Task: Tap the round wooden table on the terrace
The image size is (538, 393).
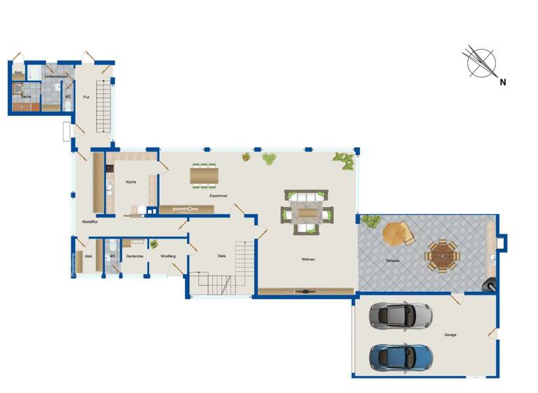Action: coord(442,255)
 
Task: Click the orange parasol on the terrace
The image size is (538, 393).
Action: coord(396,233)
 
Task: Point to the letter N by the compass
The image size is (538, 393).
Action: coord(502,82)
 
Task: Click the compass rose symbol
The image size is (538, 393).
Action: coord(481,63)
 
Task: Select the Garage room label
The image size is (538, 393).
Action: coord(450,335)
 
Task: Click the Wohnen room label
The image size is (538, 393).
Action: coord(308,260)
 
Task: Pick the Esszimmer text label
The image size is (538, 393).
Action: coord(218,196)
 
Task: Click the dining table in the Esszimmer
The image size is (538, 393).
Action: coord(204,174)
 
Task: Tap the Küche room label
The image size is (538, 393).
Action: coord(131,182)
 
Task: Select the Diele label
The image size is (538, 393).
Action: coord(221,256)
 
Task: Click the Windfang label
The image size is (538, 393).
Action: coord(168,256)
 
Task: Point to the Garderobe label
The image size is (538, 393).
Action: coord(134,256)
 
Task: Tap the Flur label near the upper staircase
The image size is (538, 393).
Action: coord(86,97)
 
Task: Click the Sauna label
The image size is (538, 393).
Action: coord(25,97)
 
